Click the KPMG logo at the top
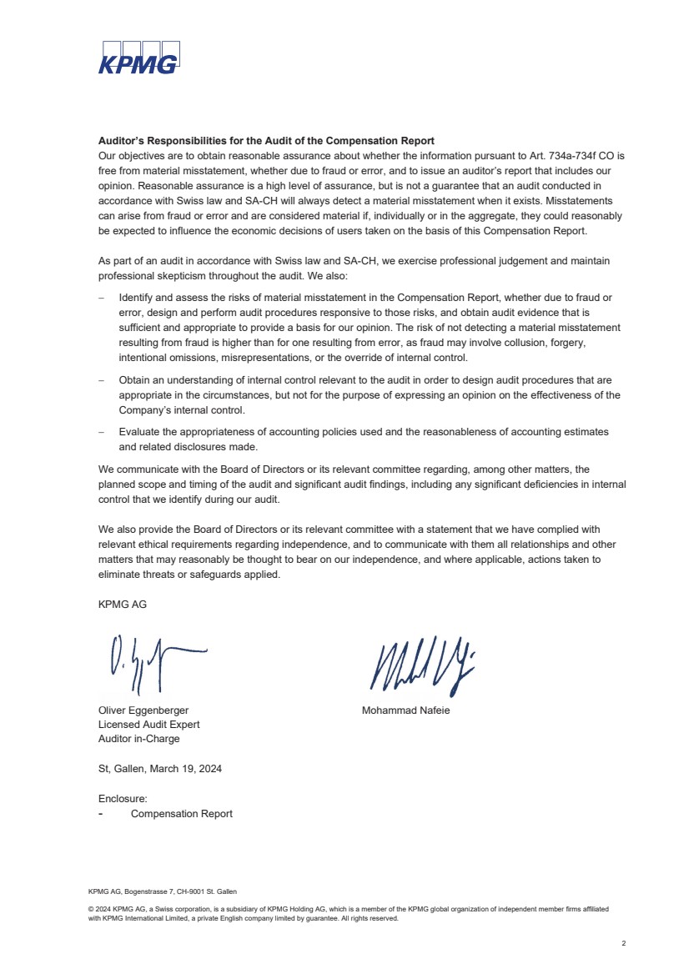(138, 58)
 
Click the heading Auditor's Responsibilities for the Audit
(266, 141)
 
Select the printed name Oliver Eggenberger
(143, 710)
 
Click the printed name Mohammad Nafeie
(405, 710)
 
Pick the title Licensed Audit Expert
(148, 725)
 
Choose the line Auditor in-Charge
(138, 739)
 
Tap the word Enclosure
(122, 799)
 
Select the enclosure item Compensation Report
(182, 814)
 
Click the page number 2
(623, 943)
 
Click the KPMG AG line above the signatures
(123, 605)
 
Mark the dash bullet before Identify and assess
(101, 298)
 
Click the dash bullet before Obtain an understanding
(101, 380)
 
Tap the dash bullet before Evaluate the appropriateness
(101, 432)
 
